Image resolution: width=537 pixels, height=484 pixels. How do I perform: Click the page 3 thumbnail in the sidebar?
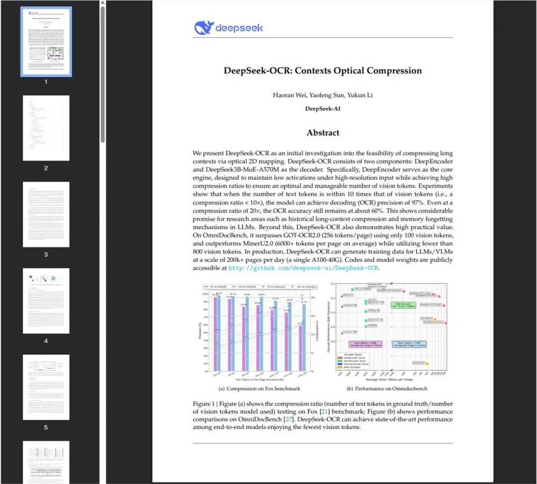click(46, 214)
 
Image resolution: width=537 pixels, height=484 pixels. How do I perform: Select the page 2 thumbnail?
click(46, 128)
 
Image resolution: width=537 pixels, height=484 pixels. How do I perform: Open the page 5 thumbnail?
click(46, 387)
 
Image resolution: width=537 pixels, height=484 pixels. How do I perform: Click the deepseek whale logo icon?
click(204, 27)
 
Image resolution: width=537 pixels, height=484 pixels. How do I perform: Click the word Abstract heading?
click(323, 133)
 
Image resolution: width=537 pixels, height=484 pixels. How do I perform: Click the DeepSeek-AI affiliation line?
click(323, 108)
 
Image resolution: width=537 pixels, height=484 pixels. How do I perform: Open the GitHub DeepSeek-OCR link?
click(304, 267)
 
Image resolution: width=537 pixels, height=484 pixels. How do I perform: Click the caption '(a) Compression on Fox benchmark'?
click(259, 388)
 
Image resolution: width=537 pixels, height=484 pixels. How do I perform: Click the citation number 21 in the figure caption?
click(324, 412)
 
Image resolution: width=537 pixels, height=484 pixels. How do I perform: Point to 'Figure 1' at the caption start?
click(205, 404)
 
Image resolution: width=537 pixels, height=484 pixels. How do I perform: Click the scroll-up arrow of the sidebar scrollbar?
click(102, 4)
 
